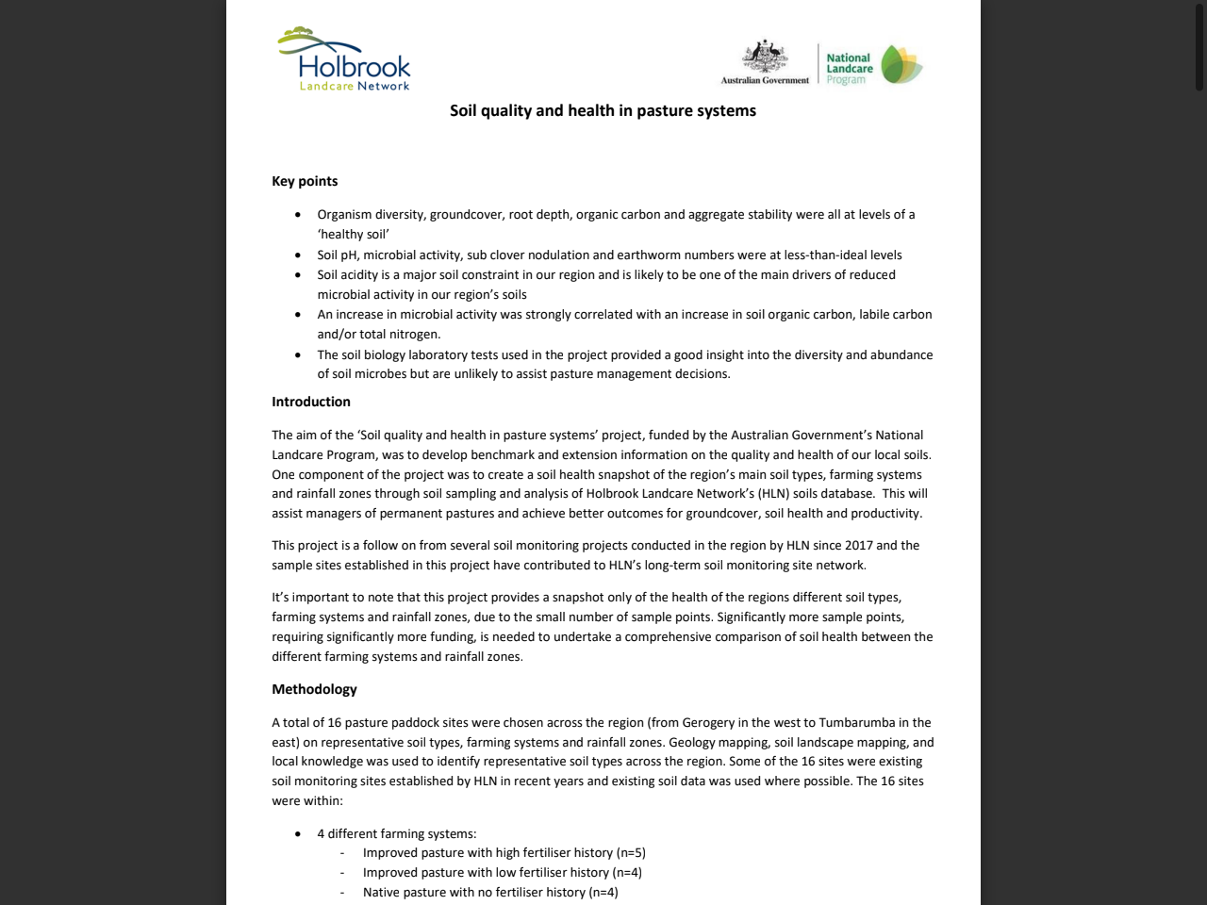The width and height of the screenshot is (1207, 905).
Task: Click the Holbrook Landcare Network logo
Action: click(344, 59)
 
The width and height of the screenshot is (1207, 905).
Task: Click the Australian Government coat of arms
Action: click(765, 58)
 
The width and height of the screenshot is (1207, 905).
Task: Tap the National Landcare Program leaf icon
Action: click(901, 65)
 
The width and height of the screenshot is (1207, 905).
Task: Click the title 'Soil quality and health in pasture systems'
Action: click(603, 110)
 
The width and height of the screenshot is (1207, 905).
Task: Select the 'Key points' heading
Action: click(305, 181)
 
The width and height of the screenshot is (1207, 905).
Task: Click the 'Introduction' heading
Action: click(311, 402)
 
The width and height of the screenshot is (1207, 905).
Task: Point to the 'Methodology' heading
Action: click(314, 689)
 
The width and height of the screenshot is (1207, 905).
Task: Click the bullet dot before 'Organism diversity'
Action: click(298, 215)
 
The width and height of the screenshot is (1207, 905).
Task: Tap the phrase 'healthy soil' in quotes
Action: click(354, 235)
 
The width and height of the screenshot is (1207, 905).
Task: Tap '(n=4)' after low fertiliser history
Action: click(627, 873)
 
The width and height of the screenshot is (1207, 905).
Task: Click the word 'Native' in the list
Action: click(381, 893)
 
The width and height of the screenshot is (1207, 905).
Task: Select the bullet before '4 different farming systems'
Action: click(298, 834)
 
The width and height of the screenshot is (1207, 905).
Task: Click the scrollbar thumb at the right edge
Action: click(1199, 45)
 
